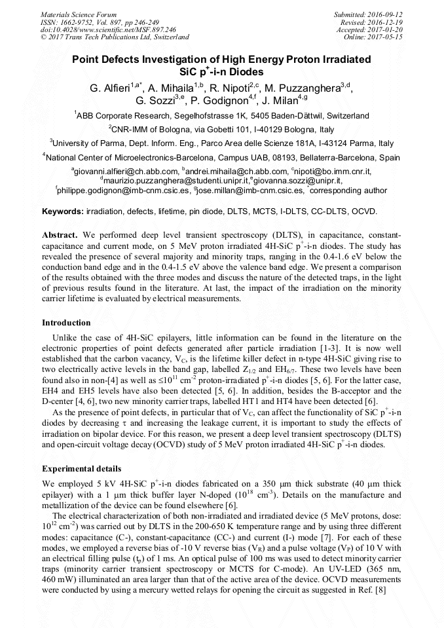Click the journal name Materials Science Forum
tap(79, 14)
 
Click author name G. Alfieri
tap(109, 88)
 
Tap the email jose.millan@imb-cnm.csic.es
tap(250, 191)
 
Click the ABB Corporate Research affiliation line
tap(221, 115)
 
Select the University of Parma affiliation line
tap(221, 143)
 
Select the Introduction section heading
tap(66, 322)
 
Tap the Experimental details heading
tap(81, 468)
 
